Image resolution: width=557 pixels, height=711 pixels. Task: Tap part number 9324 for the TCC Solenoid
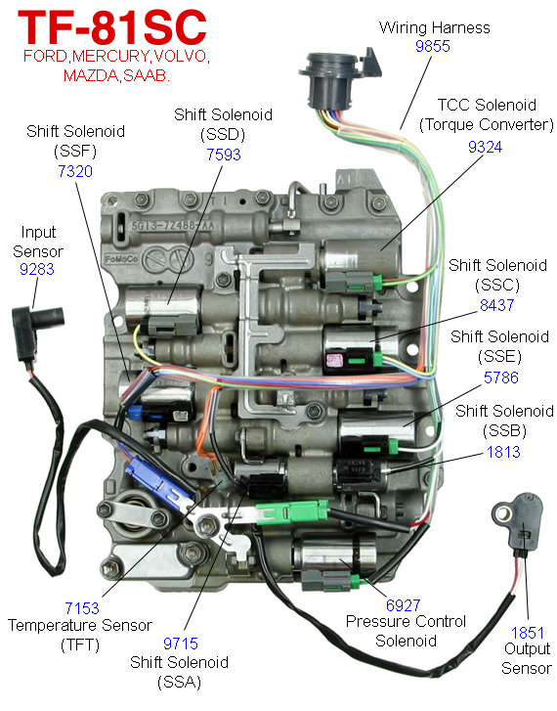pyautogui.click(x=486, y=145)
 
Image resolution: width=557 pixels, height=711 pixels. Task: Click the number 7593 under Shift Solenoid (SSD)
pyautogui.click(x=222, y=154)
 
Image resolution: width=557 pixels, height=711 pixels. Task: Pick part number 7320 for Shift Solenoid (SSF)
pyautogui.click(x=75, y=171)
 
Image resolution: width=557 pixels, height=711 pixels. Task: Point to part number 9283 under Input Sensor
pyautogui.click(x=37, y=268)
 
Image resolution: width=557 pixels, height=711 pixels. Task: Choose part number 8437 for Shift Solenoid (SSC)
pyautogui.click(x=497, y=304)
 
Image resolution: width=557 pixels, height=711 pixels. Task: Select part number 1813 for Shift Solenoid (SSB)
pyautogui.click(x=503, y=452)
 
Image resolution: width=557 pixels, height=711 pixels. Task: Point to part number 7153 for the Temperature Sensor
pyautogui.click(x=82, y=607)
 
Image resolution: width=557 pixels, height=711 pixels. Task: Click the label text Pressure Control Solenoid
pyautogui.click(x=406, y=632)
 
